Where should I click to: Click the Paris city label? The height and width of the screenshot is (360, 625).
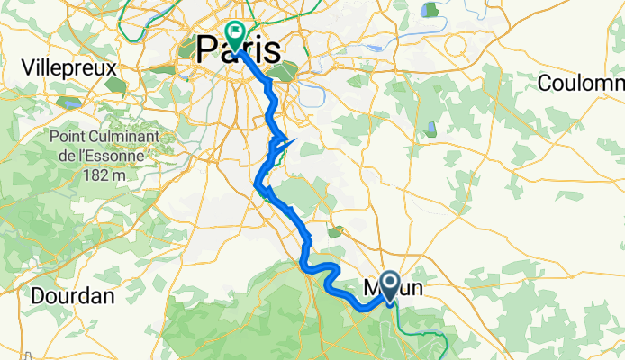[238, 50]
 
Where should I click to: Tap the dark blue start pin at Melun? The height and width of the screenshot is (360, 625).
[390, 285]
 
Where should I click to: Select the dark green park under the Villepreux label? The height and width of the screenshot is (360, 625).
[114, 85]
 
